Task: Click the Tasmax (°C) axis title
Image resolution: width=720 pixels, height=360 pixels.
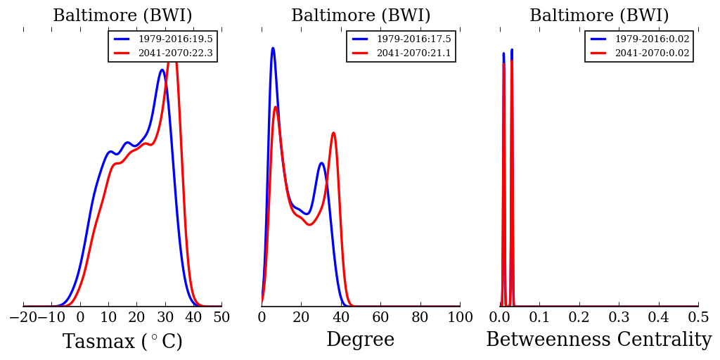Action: [122, 342]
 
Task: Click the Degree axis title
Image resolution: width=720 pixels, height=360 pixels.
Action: [360, 340]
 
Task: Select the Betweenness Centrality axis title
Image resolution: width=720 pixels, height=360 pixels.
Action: [598, 340]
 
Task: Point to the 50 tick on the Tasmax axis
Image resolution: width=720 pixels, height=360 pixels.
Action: [221, 317]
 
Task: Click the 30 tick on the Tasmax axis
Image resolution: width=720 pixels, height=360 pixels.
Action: [165, 317]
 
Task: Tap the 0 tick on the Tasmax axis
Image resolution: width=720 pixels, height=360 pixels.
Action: [80, 317]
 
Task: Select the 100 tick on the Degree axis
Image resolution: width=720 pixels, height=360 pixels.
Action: [460, 317]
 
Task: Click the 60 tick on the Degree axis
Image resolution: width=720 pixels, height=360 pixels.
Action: [380, 317]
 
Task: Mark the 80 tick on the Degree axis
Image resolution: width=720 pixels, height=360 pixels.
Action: [420, 317]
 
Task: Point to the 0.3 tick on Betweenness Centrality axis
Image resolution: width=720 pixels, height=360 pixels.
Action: [619, 317]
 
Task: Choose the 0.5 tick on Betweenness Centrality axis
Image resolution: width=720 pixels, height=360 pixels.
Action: [698, 317]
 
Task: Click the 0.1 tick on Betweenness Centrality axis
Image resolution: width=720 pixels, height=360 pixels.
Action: [539, 317]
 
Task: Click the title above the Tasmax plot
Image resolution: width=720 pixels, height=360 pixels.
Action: [122, 16]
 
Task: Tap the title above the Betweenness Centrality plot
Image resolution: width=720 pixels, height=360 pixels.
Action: [599, 16]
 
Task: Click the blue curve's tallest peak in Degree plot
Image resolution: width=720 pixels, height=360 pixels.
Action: [273, 48]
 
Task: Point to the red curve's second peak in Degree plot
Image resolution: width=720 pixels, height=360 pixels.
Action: [333, 133]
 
